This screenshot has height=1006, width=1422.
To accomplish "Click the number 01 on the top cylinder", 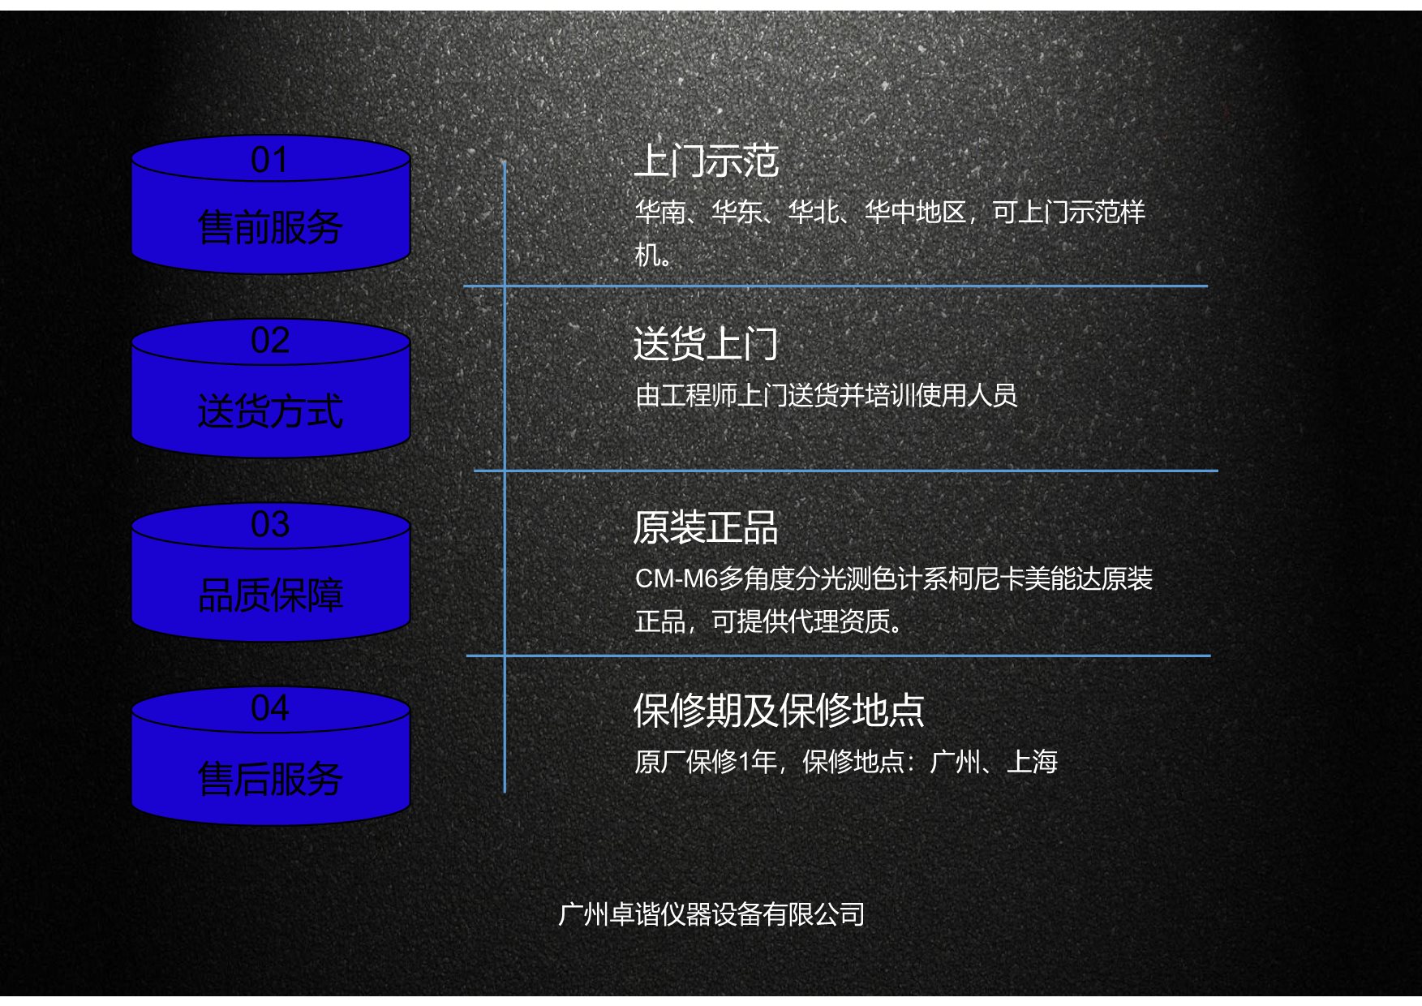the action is (x=269, y=160).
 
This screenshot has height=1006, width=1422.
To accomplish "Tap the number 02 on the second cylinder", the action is (x=269, y=341).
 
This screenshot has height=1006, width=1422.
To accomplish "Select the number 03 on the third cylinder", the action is (x=269, y=524).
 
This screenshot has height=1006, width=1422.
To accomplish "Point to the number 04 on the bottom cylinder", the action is (x=269, y=708).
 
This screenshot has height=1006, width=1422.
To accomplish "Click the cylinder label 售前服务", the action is (x=270, y=227).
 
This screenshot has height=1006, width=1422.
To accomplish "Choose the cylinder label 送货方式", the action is (x=270, y=411).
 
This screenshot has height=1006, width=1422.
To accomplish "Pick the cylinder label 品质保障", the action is (x=270, y=595).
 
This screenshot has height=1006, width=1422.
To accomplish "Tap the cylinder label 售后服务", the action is (x=270, y=779).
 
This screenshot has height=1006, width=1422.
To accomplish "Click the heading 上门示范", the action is (x=706, y=161).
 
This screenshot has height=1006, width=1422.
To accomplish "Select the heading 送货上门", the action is (x=706, y=344).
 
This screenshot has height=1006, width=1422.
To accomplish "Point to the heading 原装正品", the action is (x=706, y=527).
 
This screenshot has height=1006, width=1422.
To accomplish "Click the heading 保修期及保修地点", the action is (x=779, y=711).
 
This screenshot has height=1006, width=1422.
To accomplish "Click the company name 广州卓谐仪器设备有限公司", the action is (x=711, y=914).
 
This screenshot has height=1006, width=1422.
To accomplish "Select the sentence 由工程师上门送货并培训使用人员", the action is (x=826, y=395).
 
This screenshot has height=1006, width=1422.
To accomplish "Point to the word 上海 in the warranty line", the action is (x=1032, y=762).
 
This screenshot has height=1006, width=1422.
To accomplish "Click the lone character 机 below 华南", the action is (x=647, y=255).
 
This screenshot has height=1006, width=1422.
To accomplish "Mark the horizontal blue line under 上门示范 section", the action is (x=836, y=286).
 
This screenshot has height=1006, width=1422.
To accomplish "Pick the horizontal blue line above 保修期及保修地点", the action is (x=838, y=656).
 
